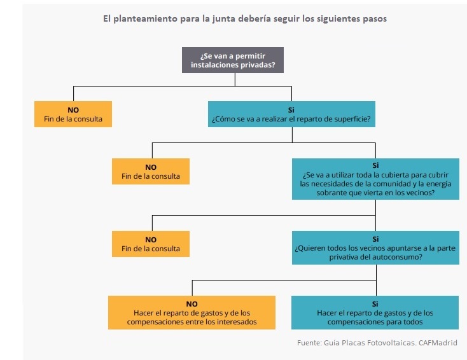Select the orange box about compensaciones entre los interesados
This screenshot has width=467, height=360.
point(192,313)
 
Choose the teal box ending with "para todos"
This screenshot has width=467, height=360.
point(375,313)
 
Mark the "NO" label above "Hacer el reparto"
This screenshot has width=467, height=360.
point(192,304)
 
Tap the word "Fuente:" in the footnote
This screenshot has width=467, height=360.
point(310,343)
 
